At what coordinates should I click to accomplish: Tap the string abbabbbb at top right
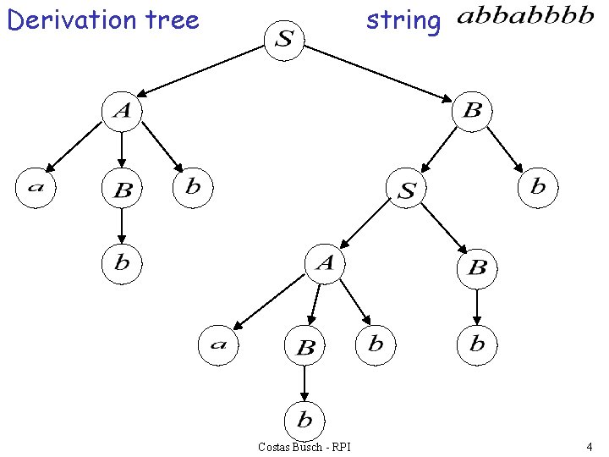tap(524, 19)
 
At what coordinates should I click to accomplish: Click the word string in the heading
tap(403, 20)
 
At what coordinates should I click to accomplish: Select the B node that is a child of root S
tap(472, 112)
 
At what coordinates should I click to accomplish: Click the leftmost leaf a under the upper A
tap(36, 187)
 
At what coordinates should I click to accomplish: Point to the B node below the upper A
tap(122, 190)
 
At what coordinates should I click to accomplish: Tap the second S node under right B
tap(407, 190)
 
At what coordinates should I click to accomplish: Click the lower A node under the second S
tap(325, 265)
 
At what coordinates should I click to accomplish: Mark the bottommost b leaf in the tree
tap(304, 419)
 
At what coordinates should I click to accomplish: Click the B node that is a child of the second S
tap(477, 268)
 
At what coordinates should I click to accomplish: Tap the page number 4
tap(589, 446)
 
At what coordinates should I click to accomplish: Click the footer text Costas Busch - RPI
tap(304, 447)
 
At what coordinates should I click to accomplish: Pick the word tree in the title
tap(173, 19)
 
